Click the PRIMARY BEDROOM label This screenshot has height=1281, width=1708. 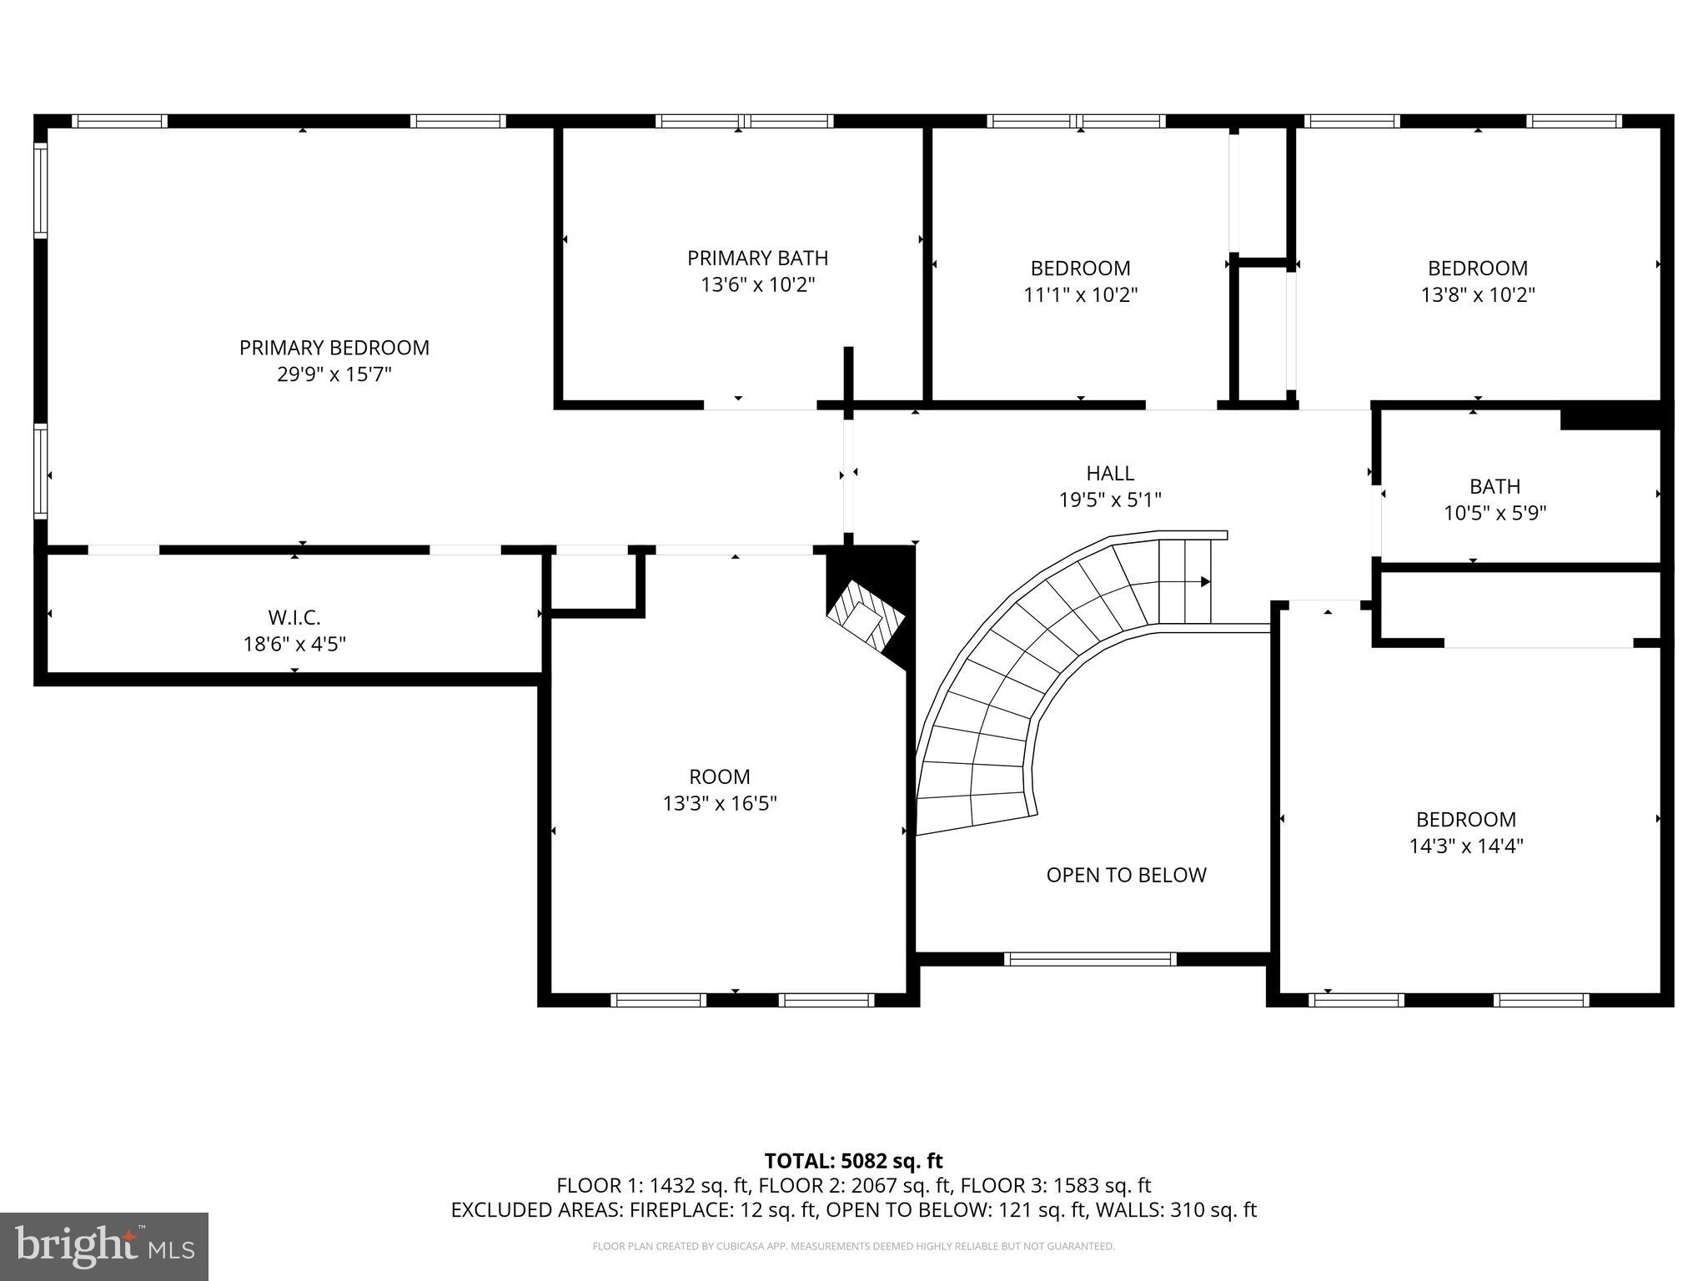(334, 348)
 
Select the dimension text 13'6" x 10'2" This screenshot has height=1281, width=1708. (757, 285)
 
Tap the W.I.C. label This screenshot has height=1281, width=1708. (294, 618)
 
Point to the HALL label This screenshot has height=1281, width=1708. (1109, 474)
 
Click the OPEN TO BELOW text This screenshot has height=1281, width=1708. (1126, 875)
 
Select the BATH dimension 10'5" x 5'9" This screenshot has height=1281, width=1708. (1494, 513)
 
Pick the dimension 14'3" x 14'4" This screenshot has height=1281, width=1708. (1465, 846)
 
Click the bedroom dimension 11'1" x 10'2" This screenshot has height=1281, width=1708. (1080, 295)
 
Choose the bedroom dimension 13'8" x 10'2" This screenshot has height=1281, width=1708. (1477, 295)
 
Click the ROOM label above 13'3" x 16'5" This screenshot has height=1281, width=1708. (719, 777)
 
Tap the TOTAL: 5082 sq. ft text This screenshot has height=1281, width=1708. (853, 1161)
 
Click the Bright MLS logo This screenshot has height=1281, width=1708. (104, 1246)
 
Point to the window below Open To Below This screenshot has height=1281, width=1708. (1090, 959)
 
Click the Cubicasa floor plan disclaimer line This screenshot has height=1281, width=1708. (853, 1246)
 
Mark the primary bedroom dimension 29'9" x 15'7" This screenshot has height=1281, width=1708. (334, 374)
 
